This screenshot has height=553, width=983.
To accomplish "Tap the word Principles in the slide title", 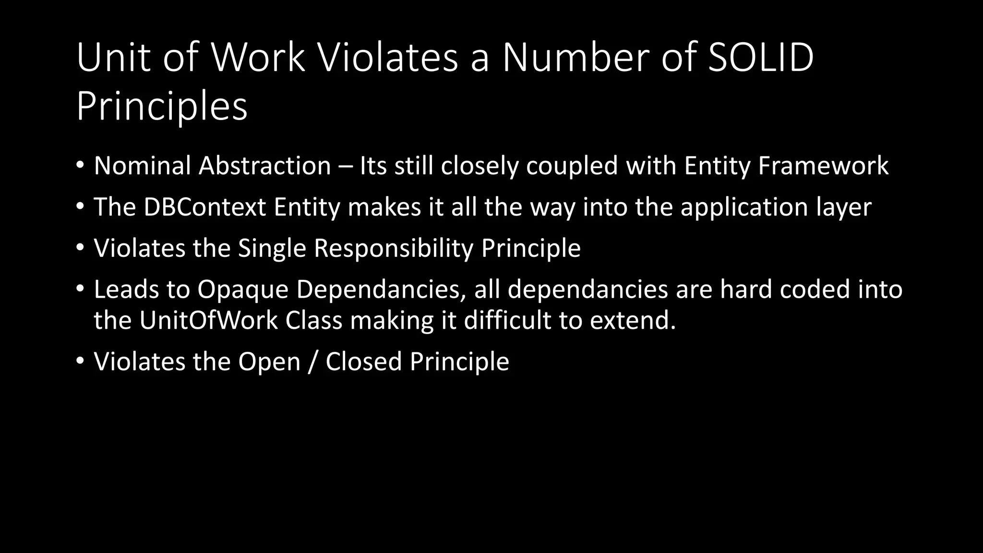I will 162,106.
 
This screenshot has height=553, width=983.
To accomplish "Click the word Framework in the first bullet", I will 823,166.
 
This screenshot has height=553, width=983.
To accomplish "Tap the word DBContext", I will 204,207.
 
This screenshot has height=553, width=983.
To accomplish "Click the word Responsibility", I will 393,249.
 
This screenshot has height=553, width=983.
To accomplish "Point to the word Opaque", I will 242,289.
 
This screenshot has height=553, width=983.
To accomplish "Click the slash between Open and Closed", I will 313,361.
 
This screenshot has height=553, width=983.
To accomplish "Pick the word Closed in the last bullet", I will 363,361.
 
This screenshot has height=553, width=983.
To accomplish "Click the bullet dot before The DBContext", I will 80,207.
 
